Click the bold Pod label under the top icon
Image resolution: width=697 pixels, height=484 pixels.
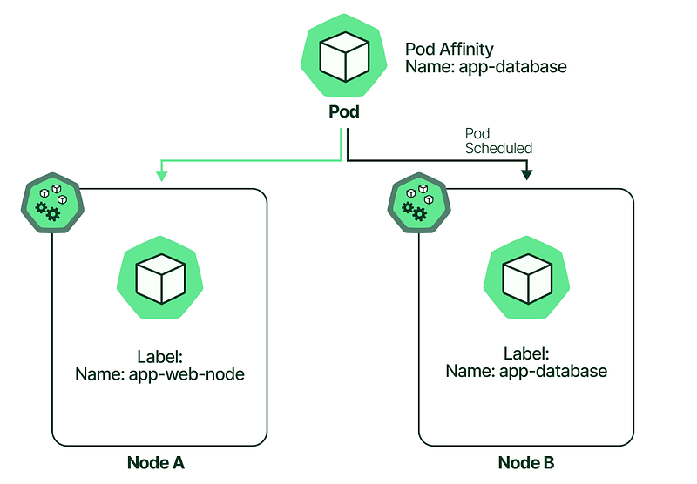click(x=343, y=112)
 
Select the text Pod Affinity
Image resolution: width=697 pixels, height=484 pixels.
click(x=450, y=49)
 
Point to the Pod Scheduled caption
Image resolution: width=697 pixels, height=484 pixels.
click(x=497, y=141)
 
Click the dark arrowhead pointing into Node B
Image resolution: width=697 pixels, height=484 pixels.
click(x=526, y=175)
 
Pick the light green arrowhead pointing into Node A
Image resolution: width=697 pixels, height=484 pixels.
click(x=160, y=175)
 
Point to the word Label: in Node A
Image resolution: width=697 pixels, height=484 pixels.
click(x=159, y=357)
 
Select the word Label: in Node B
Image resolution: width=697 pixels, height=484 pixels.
click(x=526, y=353)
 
